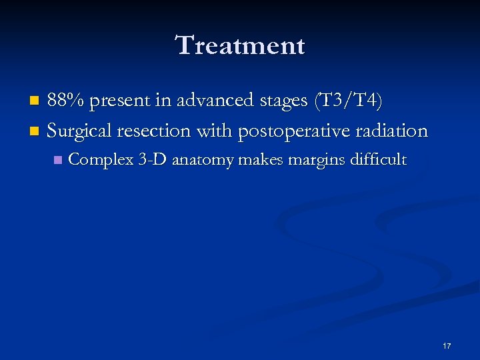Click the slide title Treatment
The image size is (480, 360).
click(240, 45)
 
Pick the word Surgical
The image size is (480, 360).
click(81, 131)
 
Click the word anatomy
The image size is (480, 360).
click(201, 161)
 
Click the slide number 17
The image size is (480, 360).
click(447, 346)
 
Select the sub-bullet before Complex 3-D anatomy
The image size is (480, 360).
click(59, 160)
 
